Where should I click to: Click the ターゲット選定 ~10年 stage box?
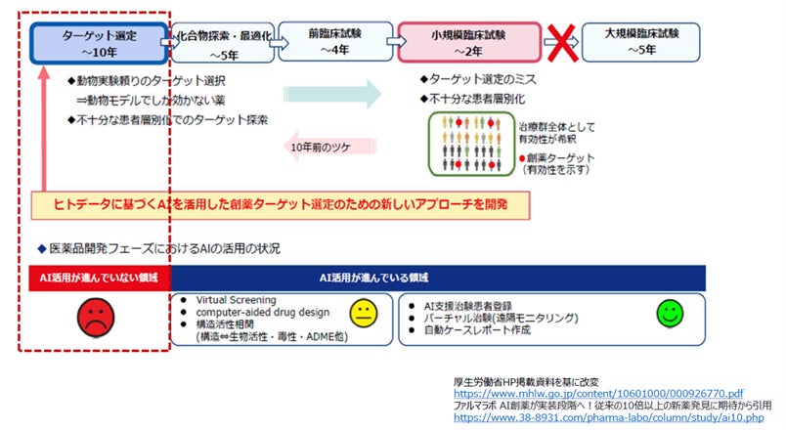click(x=98, y=41)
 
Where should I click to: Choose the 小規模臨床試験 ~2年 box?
click(x=471, y=41)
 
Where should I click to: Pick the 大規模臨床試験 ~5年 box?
click(x=641, y=41)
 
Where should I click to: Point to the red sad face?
click(x=94, y=318)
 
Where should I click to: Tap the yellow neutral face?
click(x=363, y=315)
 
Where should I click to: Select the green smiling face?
click(x=670, y=313)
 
